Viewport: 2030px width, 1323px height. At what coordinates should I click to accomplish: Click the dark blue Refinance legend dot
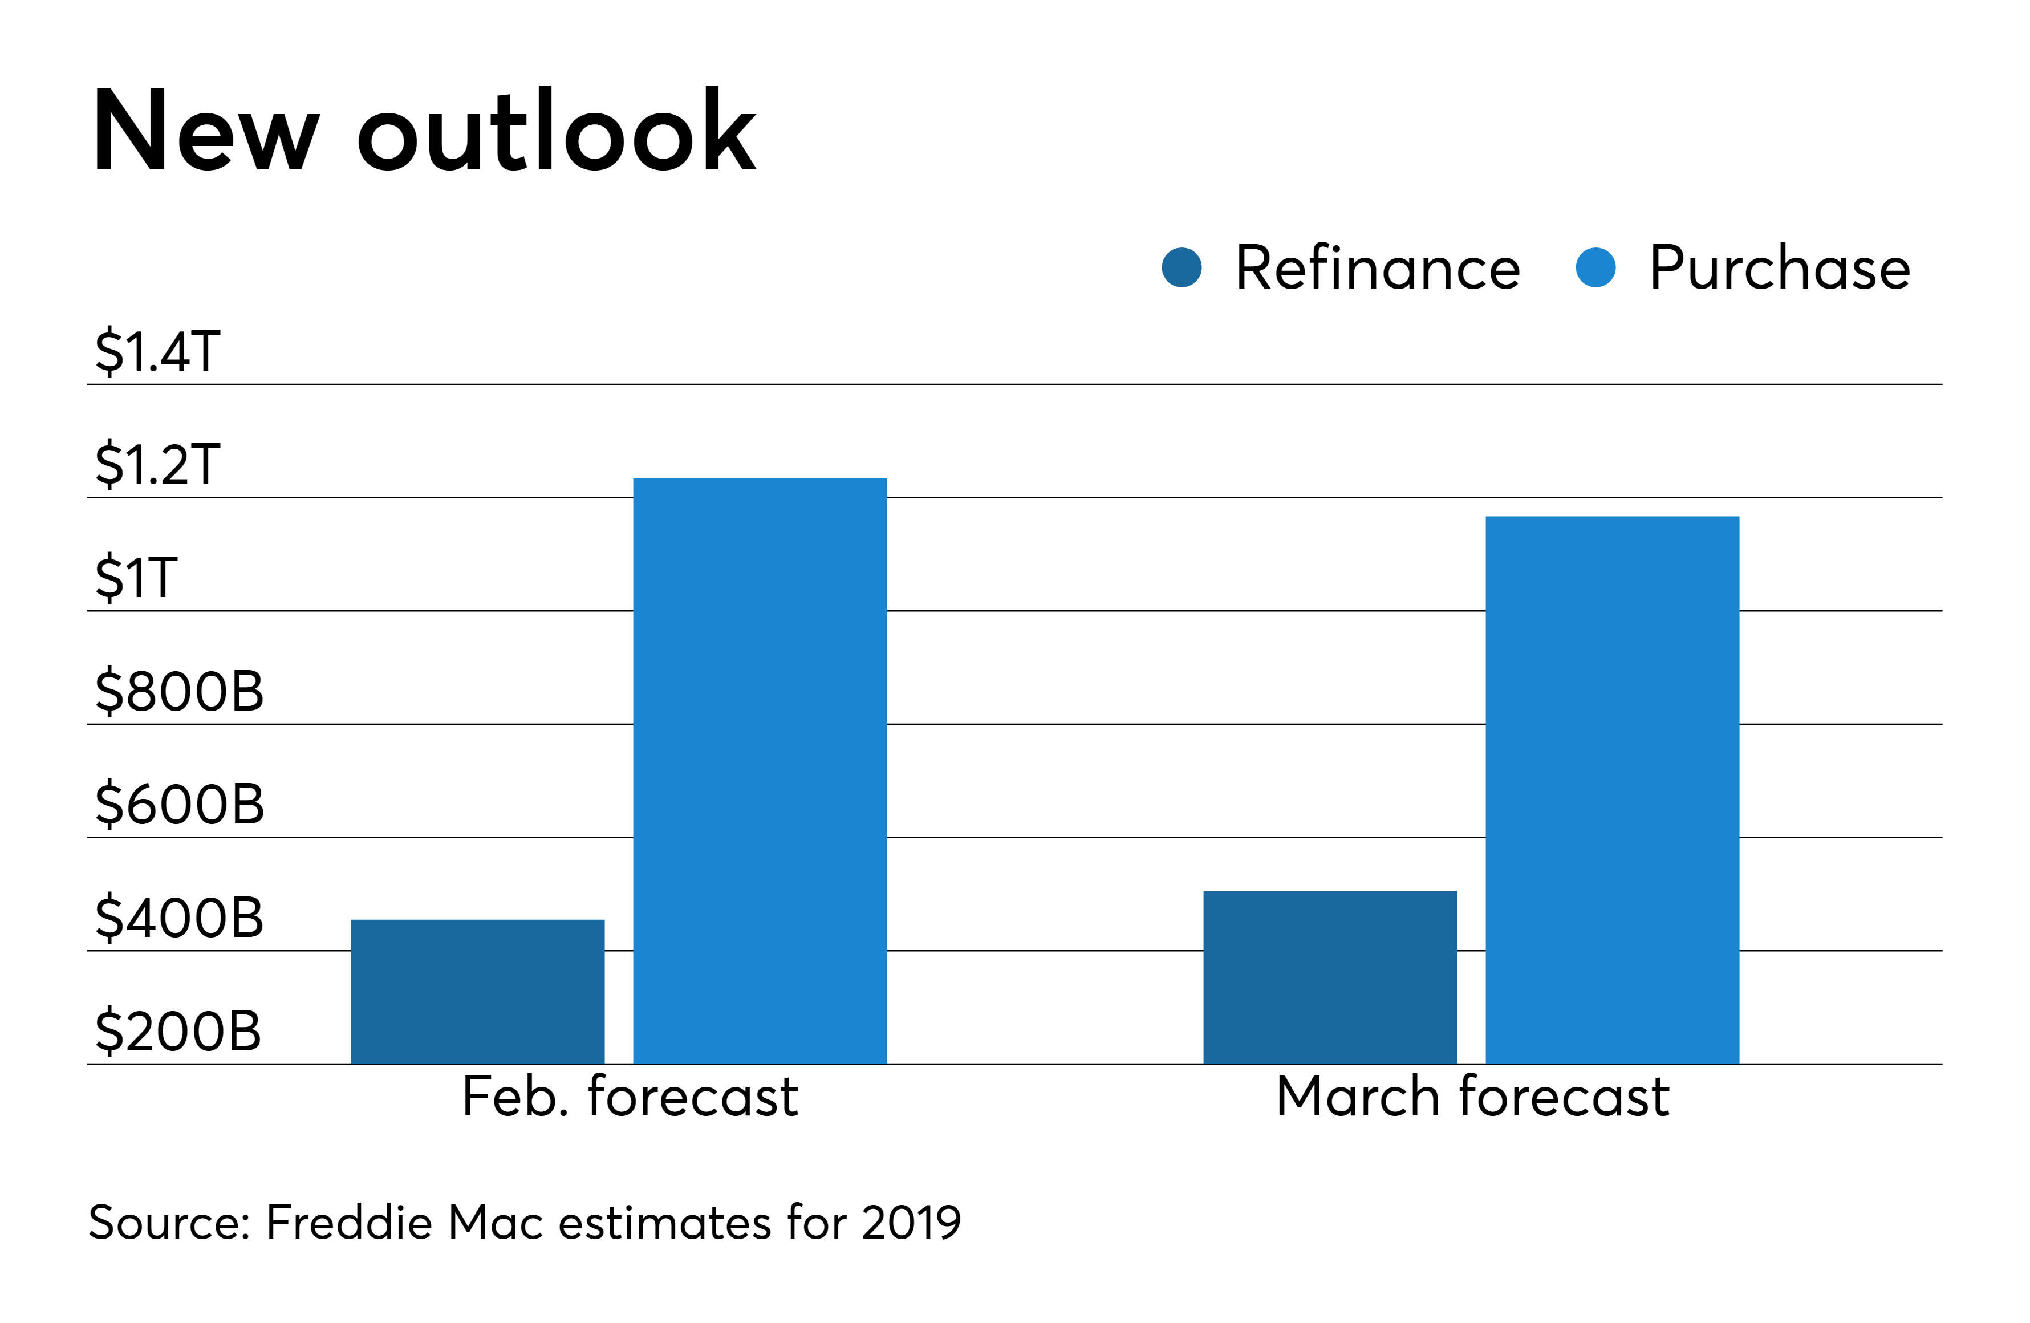point(1182,268)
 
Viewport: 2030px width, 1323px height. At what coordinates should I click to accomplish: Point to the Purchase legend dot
point(1595,268)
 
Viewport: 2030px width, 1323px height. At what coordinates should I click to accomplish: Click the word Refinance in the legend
point(1378,268)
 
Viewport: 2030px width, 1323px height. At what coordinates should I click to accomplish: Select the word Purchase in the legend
point(1779,268)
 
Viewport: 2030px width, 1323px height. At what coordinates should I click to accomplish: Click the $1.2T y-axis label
point(158,464)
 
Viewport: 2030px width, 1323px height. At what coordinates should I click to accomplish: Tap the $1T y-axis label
point(136,578)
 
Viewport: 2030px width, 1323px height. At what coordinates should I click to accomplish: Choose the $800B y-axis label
point(179,691)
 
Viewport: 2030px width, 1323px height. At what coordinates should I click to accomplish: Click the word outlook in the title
point(556,129)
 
